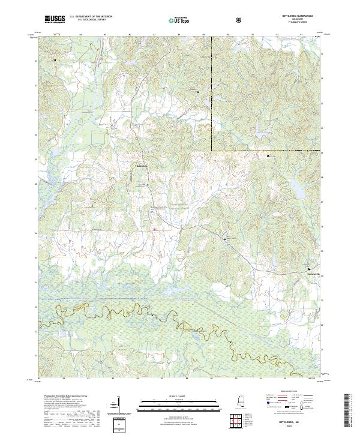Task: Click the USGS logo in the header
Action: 55,19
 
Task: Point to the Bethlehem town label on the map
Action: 142,166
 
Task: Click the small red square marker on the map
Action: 154,229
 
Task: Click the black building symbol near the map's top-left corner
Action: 55,61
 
